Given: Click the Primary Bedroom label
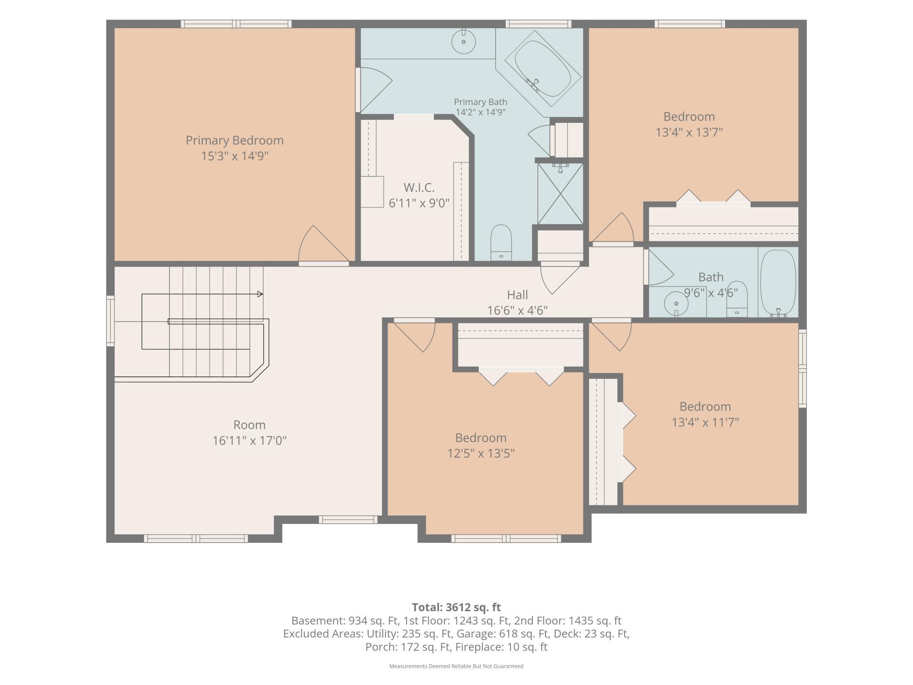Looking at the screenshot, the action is coord(234,141).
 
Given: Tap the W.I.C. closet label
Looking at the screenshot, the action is coord(419,187).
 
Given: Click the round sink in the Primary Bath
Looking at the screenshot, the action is coord(464,42).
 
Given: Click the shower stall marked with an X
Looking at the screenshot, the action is coord(560,194).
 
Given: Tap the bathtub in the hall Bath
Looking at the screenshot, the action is coord(778,283).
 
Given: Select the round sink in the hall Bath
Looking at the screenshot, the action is coord(676,303).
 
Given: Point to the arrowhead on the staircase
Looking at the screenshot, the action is coord(260,294).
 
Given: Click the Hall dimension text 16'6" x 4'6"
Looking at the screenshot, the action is coord(518,310).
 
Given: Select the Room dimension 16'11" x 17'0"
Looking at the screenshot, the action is coord(249,440).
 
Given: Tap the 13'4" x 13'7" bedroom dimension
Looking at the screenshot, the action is coord(689,132).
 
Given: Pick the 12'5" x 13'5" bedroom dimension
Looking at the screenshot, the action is coord(481,453).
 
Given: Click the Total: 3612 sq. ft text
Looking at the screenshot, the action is coord(456,607).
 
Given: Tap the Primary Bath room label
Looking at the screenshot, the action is coord(480,102).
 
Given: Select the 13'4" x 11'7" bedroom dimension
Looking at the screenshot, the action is coord(705,422).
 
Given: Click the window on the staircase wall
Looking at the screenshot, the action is coord(110,321).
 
